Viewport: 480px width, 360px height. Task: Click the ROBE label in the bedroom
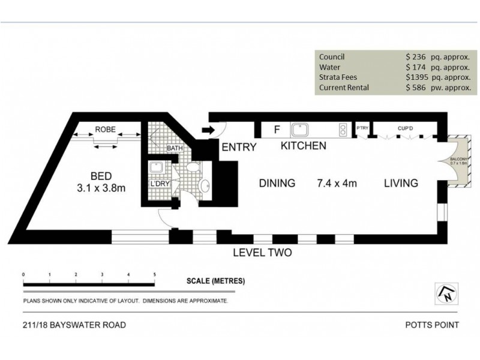click(x=105, y=130)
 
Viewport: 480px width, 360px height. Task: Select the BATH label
click(x=175, y=148)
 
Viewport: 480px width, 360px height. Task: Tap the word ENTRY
click(x=239, y=147)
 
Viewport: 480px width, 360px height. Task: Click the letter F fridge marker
click(x=277, y=129)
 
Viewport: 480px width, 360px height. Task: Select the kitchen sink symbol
click(x=299, y=129)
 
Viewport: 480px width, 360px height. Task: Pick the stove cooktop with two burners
click(x=343, y=129)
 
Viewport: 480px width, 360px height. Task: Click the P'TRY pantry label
click(x=362, y=128)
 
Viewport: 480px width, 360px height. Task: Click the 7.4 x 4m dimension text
click(x=337, y=183)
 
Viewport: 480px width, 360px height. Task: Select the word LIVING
click(x=401, y=183)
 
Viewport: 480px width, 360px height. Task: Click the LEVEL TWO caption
click(x=262, y=253)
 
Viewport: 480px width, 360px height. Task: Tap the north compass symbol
click(x=445, y=294)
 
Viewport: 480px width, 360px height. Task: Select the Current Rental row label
click(x=344, y=88)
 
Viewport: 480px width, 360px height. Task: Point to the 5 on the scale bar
click(x=155, y=274)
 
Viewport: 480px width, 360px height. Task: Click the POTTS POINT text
click(x=431, y=325)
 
